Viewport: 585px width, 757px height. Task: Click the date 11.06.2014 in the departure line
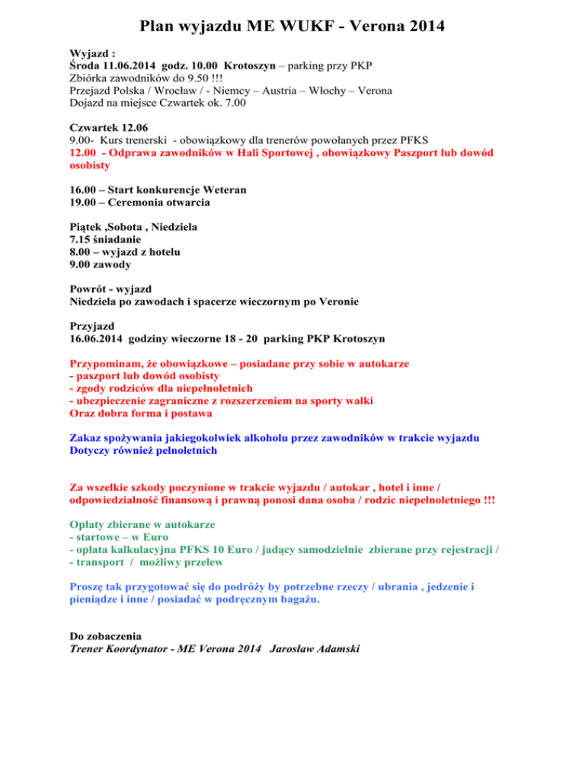[134, 66]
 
